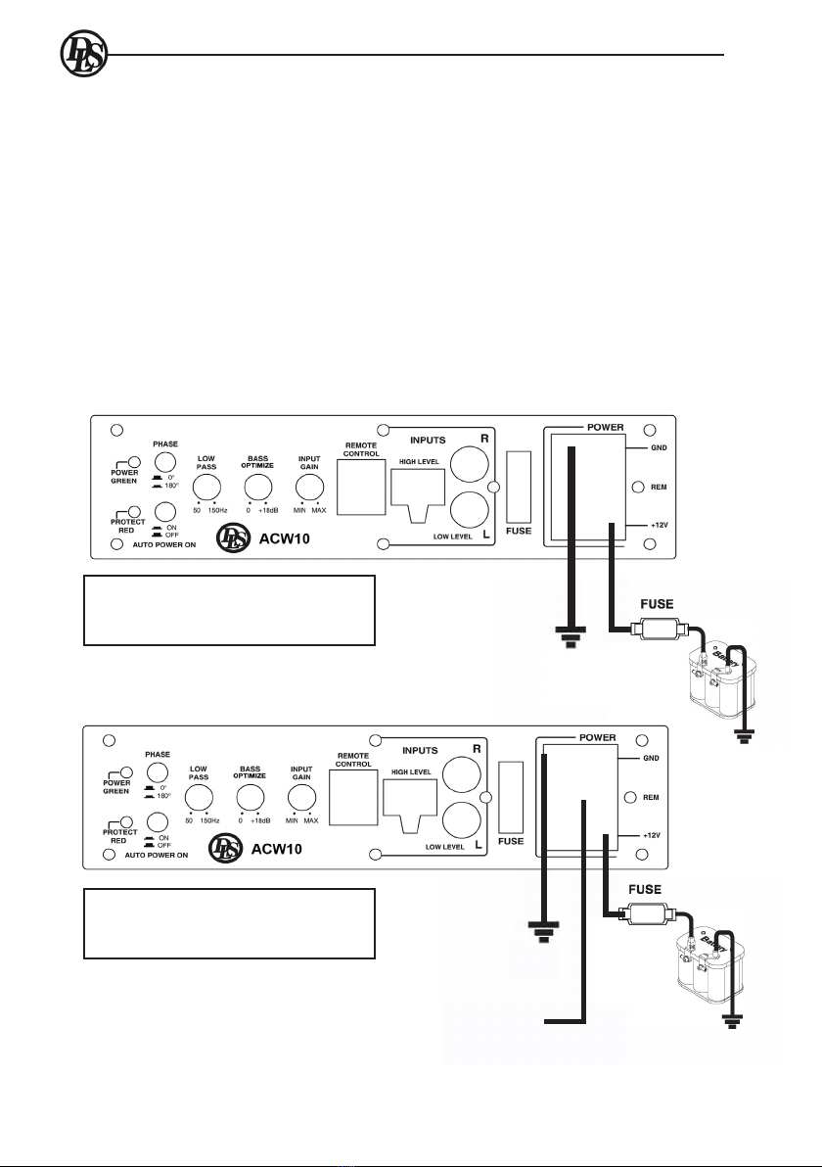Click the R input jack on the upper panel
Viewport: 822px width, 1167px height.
click(x=467, y=464)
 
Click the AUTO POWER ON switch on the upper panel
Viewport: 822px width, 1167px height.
click(x=165, y=511)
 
